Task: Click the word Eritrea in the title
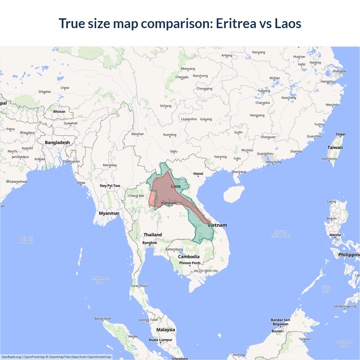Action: tap(236, 23)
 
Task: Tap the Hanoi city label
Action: tap(198, 174)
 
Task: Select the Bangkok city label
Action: tap(150, 243)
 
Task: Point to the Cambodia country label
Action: tap(189, 256)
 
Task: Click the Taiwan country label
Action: tap(335, 147)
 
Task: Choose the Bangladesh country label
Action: tap(57, 143)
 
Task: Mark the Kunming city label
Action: tap(170, 135)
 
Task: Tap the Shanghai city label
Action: tap(339, 71)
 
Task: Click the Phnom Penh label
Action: tap(190, 263)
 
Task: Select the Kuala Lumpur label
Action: tap(161, 340)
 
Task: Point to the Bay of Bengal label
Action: tap(26, 240)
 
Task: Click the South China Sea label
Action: tap(281, 234)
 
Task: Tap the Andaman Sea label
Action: tap(100, 280)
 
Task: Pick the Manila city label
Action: tap(335, 235)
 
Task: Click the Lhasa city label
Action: tap(65, 88)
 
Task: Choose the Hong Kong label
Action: tap(273, 162)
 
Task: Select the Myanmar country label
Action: tap(109, 213)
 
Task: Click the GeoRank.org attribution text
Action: tap(11, 357)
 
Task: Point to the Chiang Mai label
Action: tap(136, 196)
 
